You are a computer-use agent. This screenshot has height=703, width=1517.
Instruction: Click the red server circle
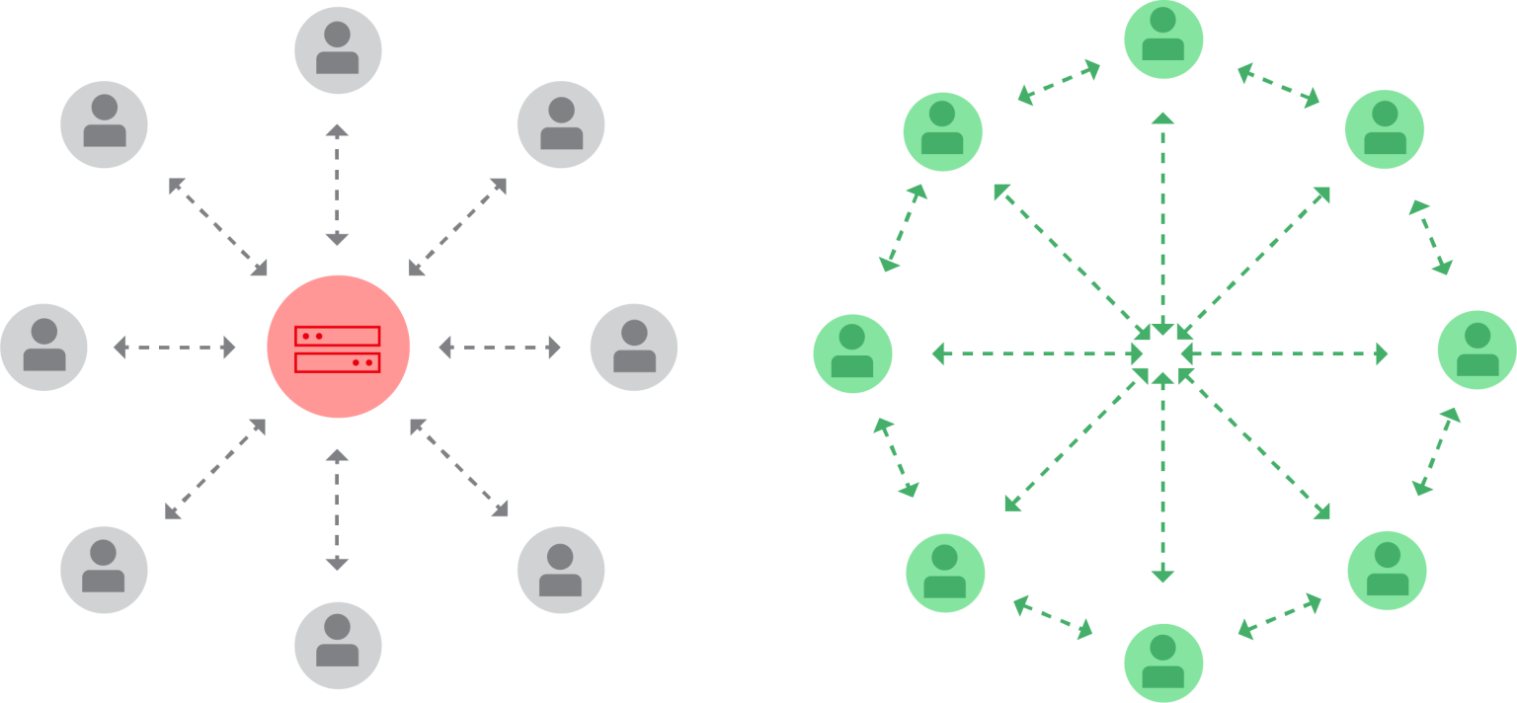pos(338,346)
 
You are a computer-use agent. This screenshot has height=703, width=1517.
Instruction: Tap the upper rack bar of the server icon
pos(338,336)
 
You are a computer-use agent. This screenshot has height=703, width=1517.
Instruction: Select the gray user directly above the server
pos(338,50)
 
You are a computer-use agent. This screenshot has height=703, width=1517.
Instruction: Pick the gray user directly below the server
pos(338,645)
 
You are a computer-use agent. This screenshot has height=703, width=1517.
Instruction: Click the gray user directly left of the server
pos(43,348)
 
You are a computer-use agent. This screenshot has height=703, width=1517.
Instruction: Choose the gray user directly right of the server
pos(633,348)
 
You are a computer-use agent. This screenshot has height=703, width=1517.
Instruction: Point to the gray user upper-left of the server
pos(104,124)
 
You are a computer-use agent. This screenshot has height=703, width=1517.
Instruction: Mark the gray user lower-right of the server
pos(560,570)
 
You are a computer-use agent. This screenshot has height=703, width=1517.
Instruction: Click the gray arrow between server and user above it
pos(338,185)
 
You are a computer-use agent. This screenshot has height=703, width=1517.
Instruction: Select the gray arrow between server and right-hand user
pos(500,348)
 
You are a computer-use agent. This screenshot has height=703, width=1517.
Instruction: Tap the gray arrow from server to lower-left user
pos(215,469)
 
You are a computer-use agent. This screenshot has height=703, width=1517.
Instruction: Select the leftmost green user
pos(852,352)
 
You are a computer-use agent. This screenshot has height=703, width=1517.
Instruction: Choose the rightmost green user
pos(1477,350)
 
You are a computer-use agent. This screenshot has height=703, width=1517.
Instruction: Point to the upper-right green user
pos(1385,128)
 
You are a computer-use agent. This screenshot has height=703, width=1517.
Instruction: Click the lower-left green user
pos(945,572)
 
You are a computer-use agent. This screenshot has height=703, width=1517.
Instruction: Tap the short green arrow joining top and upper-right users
pos(1278,85)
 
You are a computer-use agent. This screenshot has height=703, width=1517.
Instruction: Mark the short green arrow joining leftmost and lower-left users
pos(897,457)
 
